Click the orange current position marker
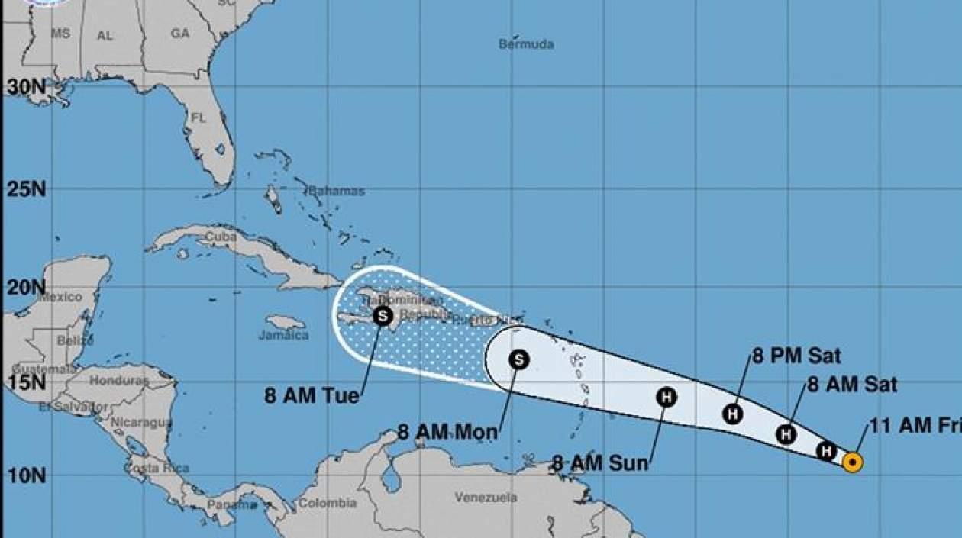click(x=852, y=462)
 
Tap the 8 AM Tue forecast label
click(x=312, y=396)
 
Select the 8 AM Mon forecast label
click(x=447, y=432)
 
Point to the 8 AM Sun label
click(x=600, y=462)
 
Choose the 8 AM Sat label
click(x=852, y=384)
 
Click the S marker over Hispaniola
click(x=383, y=314)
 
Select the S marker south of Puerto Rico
click(x=518, y=359)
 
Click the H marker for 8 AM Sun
click(x=667, y=397)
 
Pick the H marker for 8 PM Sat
click(x=733, y=414)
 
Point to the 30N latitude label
click(x=27, y=87)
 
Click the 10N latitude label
click(x=27, y=475)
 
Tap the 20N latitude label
click(x=27, y=288)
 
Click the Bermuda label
click(x=526, y=44)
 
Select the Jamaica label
click(x=283, y=335)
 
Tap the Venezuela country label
click(x=486, y=498)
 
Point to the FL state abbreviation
click(x=199, y=118)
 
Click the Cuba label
click(x=221, y=237)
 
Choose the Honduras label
click(x=119, y=379)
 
